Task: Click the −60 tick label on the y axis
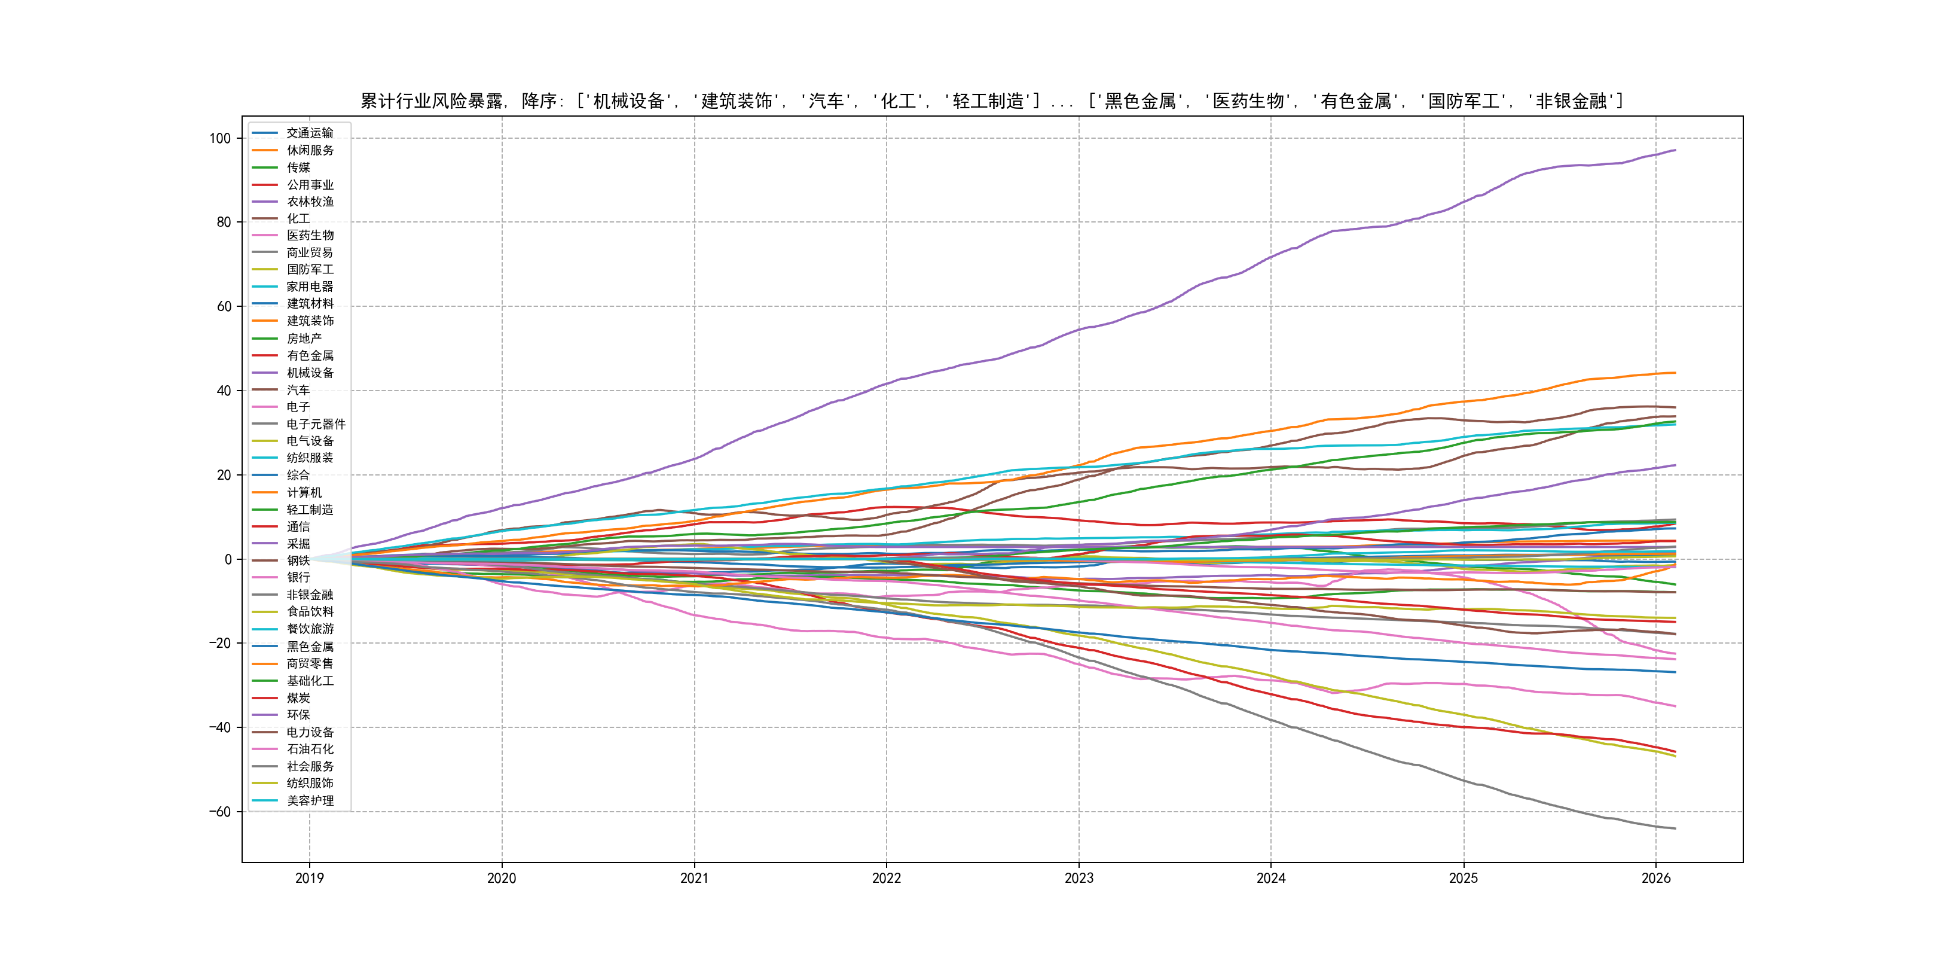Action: coord(219,812)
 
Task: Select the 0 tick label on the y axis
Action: coord(228,559)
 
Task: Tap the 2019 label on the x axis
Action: coord(309,878)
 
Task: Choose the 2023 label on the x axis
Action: coord(1079,878)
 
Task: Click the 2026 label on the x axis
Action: coord(1655,878)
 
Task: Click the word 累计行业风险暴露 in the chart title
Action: coord(432,101)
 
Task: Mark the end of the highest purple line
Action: coord(1675,151)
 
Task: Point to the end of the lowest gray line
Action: coord(1675,828)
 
